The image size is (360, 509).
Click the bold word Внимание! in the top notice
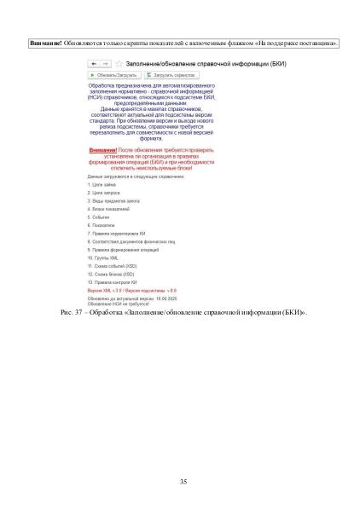pyautogui.click(x=44, y=42)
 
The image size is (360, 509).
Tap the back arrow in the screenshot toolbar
pyautogui.click(x=94, y=63)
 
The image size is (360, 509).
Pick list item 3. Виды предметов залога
pyautogui.click(x=114, y=200)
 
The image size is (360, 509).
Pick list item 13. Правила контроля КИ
pyautogui.click(x=113, y=281)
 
